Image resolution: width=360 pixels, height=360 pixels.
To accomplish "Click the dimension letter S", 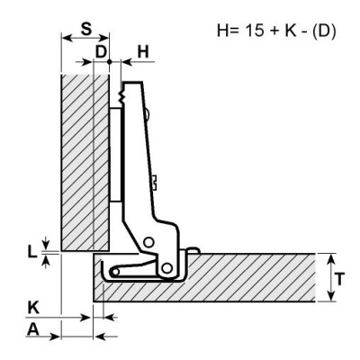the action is tap(85, 30).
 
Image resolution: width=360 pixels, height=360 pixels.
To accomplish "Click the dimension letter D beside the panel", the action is tap(101, 52).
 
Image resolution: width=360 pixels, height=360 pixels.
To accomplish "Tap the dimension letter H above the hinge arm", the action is tap(143, 52).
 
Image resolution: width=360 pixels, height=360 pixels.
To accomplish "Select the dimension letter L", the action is tap(32, 252).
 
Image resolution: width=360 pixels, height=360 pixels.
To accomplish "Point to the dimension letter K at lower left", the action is tap(33, 308).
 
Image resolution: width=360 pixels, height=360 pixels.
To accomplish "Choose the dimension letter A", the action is tap(33, 330).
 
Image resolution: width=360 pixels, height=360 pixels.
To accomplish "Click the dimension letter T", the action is tap(339, 279).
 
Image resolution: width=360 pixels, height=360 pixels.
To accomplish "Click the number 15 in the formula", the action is tap(256, 31).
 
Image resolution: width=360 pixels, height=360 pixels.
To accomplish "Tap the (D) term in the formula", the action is tap(323, 31).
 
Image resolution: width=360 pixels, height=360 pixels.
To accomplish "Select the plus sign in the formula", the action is tap(274, 31).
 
